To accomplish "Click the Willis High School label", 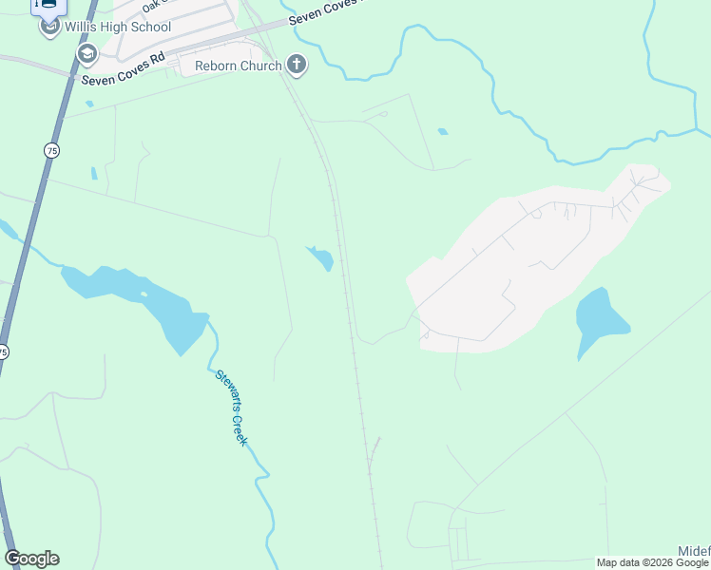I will [x=118, y=27].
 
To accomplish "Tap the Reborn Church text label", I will [x=238, y=66].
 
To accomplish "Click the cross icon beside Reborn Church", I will [x=298, y=65].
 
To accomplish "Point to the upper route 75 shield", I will [x=50, y=150].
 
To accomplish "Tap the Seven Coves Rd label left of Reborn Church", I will [x=124, y=68].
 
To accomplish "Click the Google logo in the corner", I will [x=31, y=559].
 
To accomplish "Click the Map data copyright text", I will [x=652, y=562].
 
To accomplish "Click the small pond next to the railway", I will [x=321, y=256].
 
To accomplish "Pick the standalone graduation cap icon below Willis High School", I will [x=87, y=53].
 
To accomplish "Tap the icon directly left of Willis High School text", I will [x=50, y=26].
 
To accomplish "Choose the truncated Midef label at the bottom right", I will [x=694, y=551].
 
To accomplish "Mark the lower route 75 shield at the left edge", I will [x=4, y=351].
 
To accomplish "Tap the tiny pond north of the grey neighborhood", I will [x=442, y=131].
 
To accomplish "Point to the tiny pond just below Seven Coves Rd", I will [x=88, y=104].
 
